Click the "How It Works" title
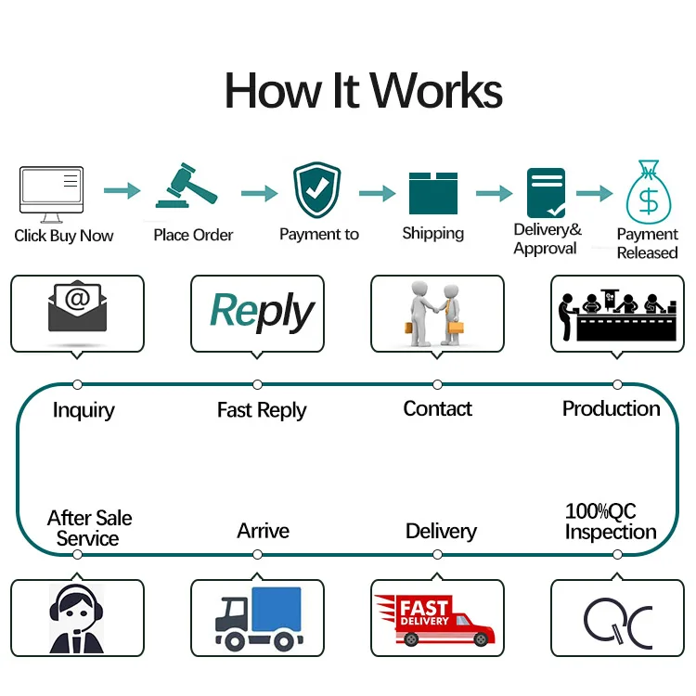coord(364,91)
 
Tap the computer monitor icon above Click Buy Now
coord(51,191)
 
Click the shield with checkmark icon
coord(317,189)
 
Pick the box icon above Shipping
coord(433,192)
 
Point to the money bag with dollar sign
coord(649,192)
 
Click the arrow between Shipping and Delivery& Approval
coord(494,193)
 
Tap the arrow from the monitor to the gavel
coord(121,191)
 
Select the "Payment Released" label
coord(648,243)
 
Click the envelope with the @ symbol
coord(77,311)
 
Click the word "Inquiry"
coord(84,409)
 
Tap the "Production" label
coord(612,408)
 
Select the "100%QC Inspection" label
coord(611,522)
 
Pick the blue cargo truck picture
coord(258,617)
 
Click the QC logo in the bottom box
coord(617,620)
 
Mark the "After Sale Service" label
coord(89,528)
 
